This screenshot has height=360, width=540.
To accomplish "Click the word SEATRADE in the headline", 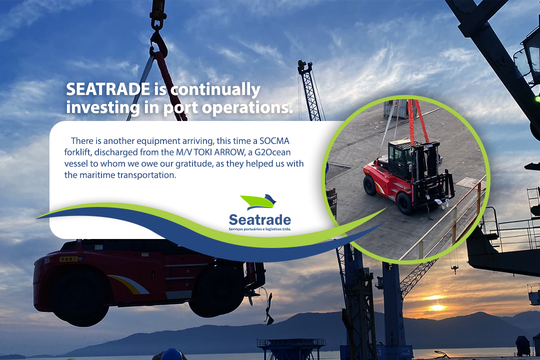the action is tap(108, 89).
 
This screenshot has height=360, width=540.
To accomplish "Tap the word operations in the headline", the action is tap(247, 108).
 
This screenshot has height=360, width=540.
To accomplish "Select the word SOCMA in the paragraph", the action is tap(274, 141).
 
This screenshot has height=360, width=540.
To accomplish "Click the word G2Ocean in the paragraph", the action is tap(272, 152).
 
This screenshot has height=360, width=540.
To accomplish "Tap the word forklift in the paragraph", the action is tap(77, 152).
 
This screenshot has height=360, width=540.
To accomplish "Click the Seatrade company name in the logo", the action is tap(260, 219).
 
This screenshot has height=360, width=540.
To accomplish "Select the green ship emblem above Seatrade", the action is tap(258, 202).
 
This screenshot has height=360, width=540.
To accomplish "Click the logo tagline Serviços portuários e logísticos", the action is tap(260, 229).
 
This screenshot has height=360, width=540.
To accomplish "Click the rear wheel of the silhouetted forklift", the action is tap(78, 296).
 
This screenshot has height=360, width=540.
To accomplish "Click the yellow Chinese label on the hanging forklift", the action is tap(68, 259).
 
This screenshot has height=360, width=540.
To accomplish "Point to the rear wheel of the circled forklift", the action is tap(369, 185).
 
